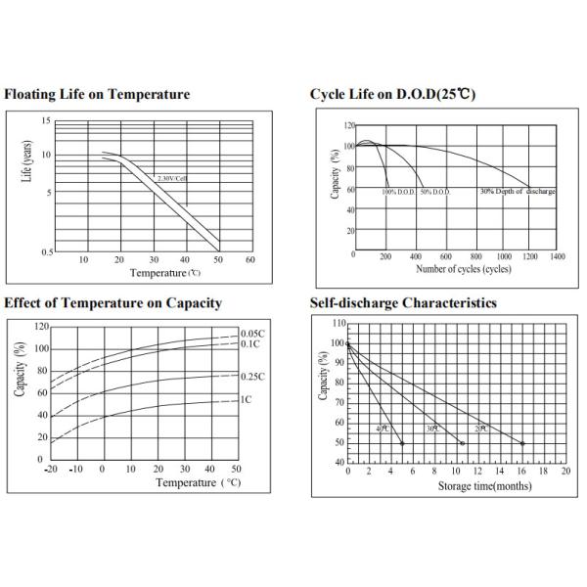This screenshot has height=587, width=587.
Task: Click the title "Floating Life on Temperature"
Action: pos(98,95)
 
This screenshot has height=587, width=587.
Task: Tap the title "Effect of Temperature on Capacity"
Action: pos(113,303)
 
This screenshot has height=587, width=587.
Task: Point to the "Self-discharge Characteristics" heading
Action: pos(403,303)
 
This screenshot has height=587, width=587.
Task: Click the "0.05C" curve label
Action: pos(253,335)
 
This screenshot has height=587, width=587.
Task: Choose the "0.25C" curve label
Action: pos(253,377)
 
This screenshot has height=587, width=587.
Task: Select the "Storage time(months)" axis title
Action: pos(478,486)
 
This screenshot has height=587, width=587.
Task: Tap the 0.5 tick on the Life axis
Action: pos(46,251)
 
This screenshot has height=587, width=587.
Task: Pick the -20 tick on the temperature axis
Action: pos(51,471)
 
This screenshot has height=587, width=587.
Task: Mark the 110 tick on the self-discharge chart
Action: pos(339,323)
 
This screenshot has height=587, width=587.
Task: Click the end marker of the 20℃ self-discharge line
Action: pos(522,443)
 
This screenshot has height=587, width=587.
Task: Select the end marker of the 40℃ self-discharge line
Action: pos(402,443)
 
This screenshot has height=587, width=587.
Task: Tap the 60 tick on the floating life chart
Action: pos(250,259)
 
